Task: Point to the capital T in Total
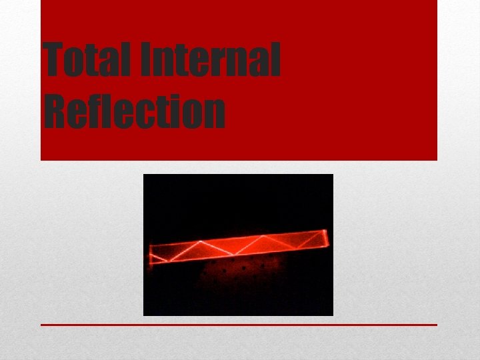coord(54,58)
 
